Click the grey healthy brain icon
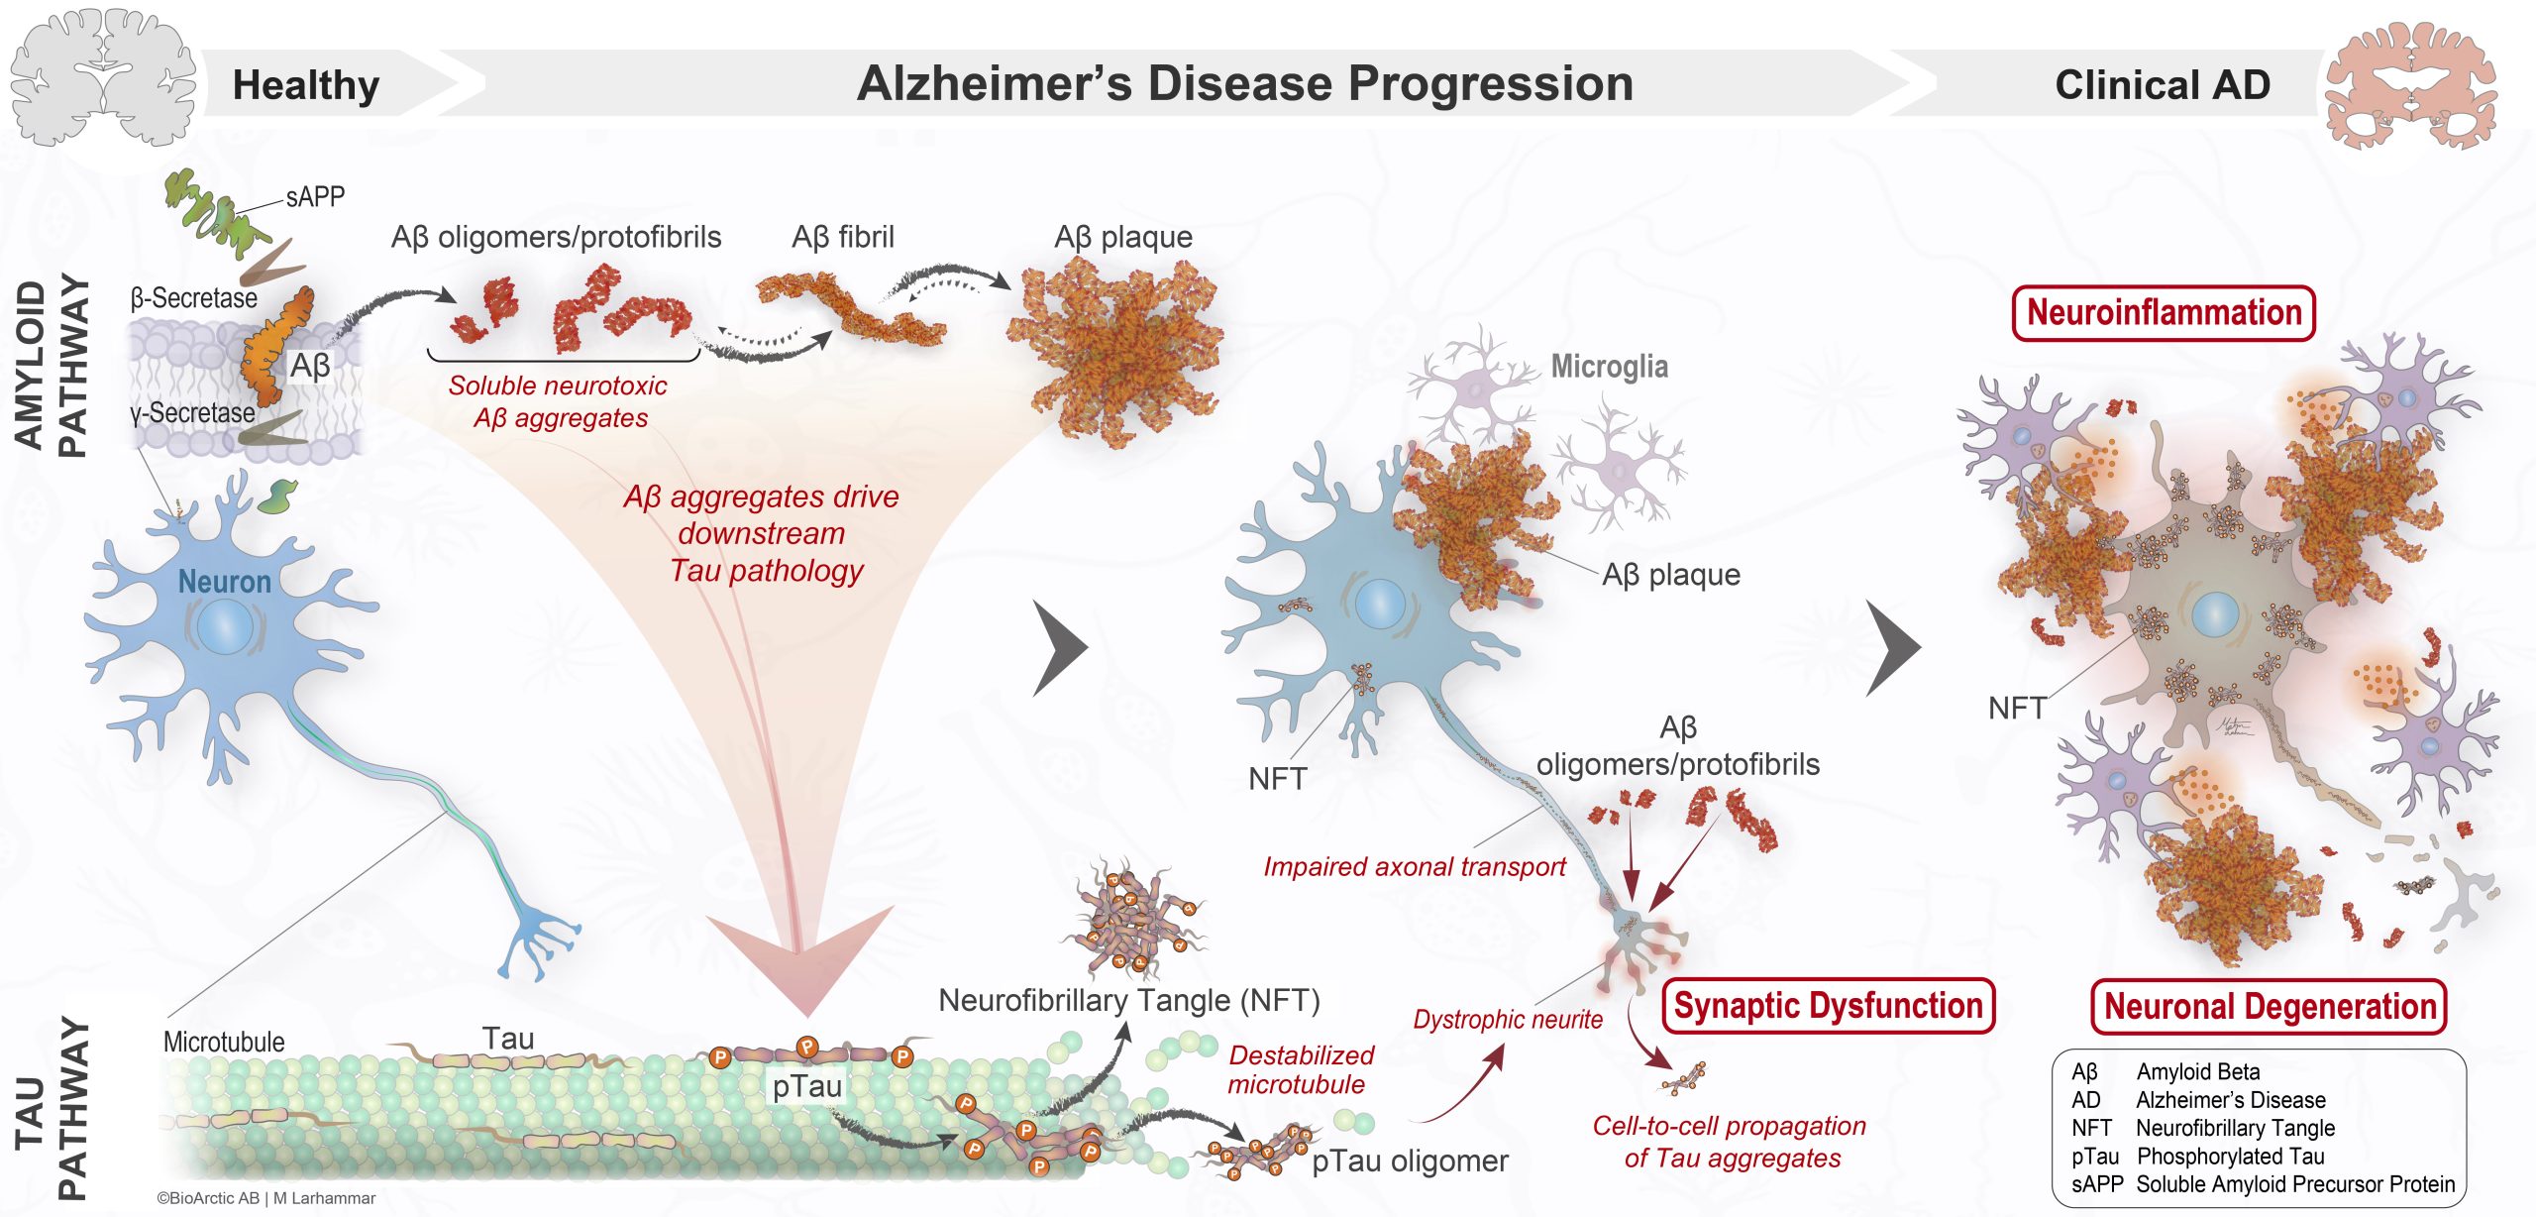(101, 77)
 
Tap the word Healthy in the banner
(305, 85)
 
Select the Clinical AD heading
(2163, 85)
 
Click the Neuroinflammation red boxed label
(2164, 313)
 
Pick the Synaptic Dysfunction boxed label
(1828, 1006)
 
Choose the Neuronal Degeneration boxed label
(2269, 1007)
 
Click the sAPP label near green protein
(315, 197)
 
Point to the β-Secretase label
(193, 298)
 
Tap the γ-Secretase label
(192, 412)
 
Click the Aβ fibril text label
(842, 237)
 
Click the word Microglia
(1609, 367)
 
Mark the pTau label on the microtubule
(807, 1086)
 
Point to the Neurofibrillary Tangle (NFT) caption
(1128, 1000)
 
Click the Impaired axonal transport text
(1414, 867)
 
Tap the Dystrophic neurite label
(1507, 1019)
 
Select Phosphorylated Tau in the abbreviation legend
(2230, 1156)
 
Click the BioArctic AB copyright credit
(265, 1198)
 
